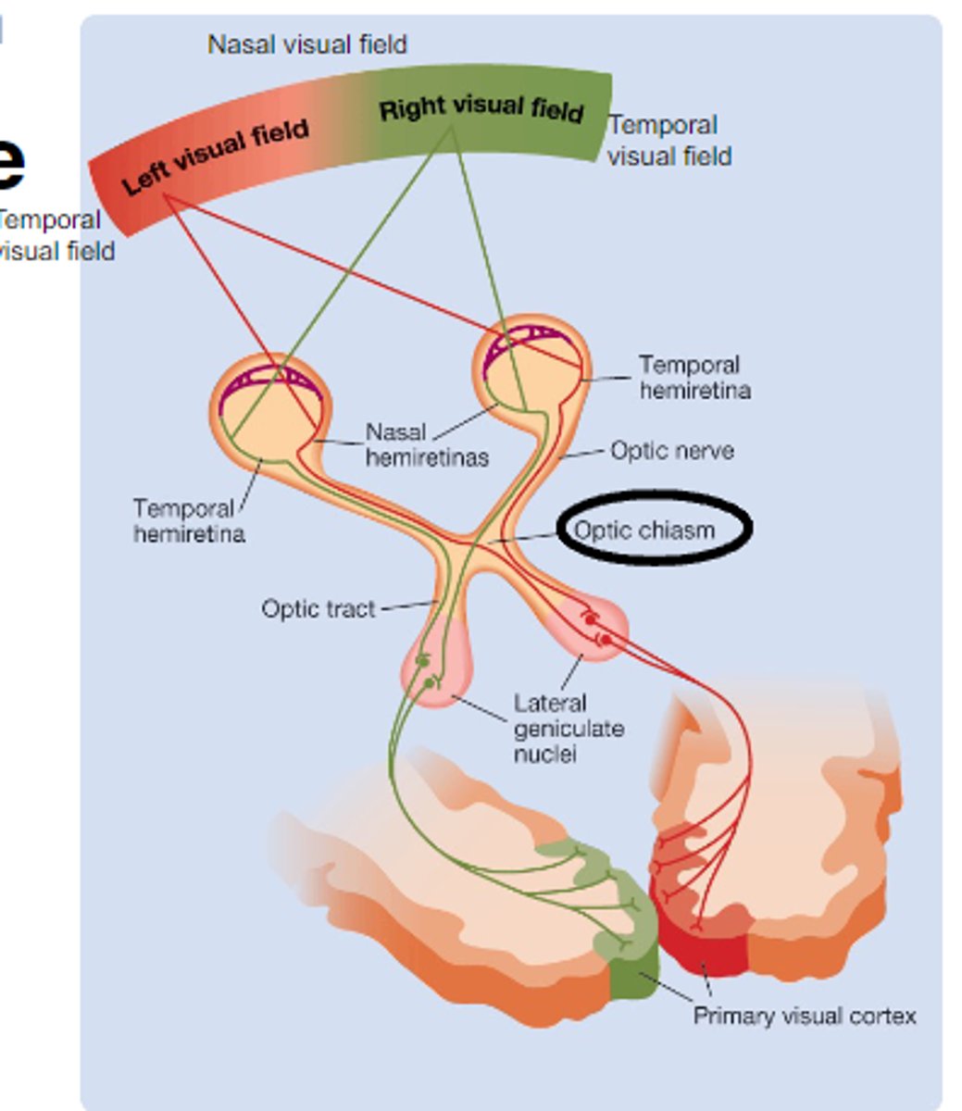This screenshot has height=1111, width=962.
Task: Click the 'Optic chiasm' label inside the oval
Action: pyautogui.click(x=644, y=531)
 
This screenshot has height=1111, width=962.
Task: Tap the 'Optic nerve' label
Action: pyautogui.click(x=672, y=451)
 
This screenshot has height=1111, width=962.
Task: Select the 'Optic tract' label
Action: pyautogui.click(x=318, y=609)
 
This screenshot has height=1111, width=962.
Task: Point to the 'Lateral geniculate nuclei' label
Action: pyautogui.click(x=568, y=729)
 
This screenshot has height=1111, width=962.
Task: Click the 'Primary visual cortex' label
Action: pyautogui.click(x=804, y=1016)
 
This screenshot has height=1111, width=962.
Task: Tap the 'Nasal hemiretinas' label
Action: pyautogui.click(x=426, y=444)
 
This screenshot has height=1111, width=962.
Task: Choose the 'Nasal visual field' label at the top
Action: pyautogui.click(x=306, y=44)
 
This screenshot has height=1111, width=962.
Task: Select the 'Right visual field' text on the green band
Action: pyautogui.click(x=481, y=108)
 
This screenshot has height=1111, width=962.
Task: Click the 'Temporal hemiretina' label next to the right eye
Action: pyautogui.click(x=693, y=377)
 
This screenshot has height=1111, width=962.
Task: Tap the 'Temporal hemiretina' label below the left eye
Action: pyautogui.click(x=188, y=521)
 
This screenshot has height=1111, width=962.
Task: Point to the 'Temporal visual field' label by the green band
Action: pyautogui.click(x=668, y=140)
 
